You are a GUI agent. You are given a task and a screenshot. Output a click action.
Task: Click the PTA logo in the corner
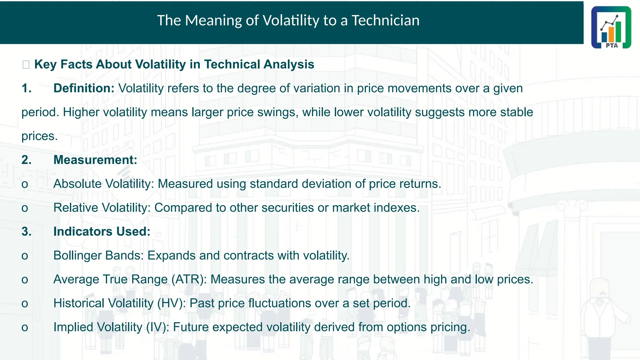[x=611, y=27]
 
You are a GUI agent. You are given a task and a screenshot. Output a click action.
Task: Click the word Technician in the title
[x=385, y=21]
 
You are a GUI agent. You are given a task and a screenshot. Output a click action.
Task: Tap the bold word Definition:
[x=84, y=88]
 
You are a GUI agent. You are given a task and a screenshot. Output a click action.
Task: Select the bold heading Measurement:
[x=95, y=160]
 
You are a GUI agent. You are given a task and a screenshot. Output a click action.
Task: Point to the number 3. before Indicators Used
[x=27, y=232]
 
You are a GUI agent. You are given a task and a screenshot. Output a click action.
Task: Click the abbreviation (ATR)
[x=189, y=279]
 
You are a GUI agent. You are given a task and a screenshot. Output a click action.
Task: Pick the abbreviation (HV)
[x=171, y=303]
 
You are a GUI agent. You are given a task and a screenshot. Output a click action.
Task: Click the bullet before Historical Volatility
[x=25, y=304]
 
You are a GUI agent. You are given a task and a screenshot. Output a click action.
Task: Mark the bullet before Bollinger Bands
[x=25, y=256]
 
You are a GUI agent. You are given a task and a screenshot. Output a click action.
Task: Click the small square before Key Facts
[x=26, y=65]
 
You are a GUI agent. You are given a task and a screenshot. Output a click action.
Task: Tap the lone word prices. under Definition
[x=39, y=136]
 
